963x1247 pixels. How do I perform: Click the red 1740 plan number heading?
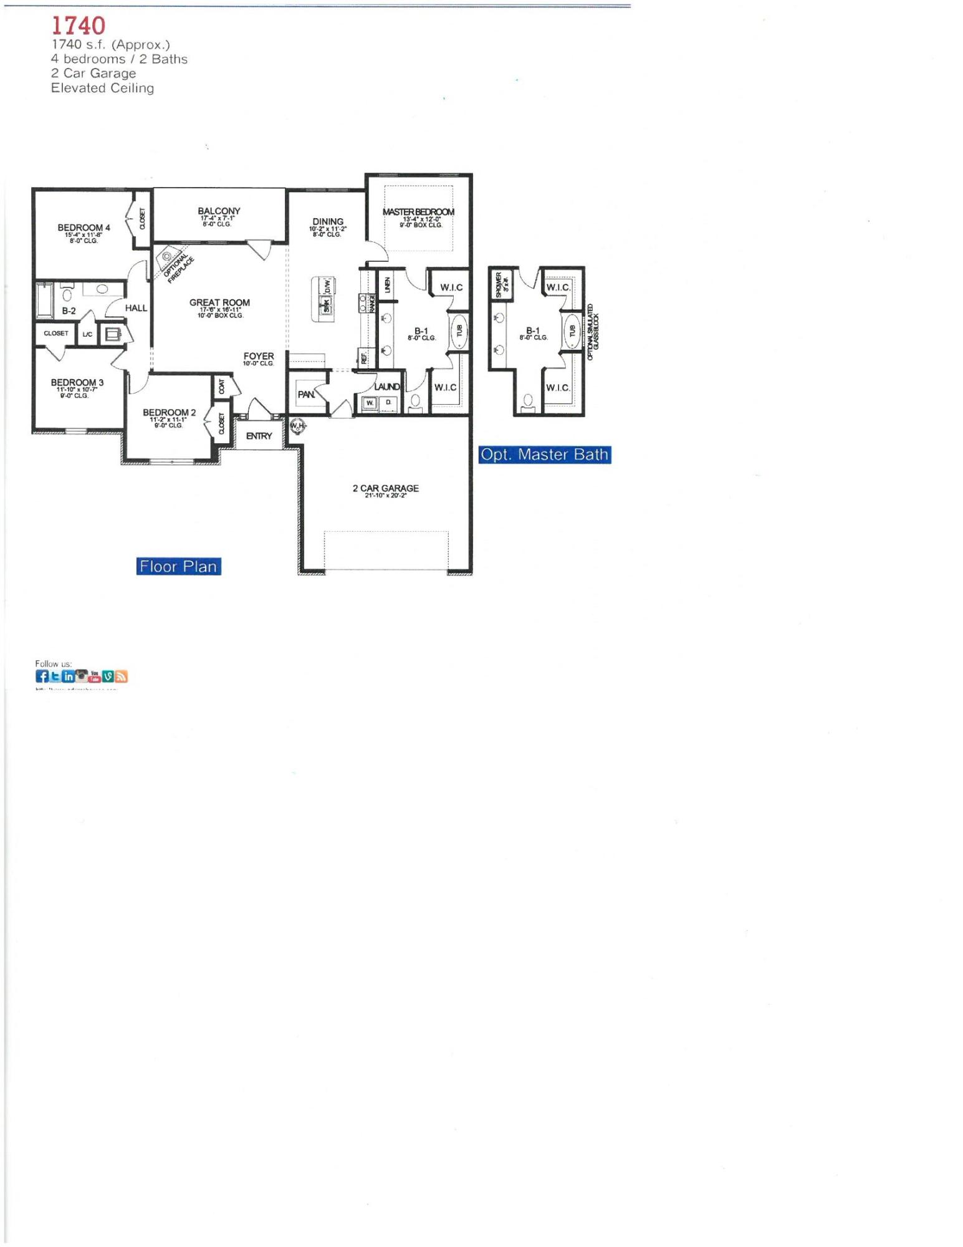[x=79, y=26]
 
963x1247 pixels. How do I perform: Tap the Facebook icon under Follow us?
[x=42, y=676]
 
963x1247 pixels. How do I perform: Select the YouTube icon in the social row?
[x=95, y=676]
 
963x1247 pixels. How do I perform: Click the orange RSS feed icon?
[x=121, y=676]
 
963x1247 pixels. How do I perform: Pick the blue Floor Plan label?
[x=178, y=566]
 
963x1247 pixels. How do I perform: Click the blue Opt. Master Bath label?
[x=544, y=455]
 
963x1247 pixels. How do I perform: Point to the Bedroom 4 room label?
[x=84, y=228]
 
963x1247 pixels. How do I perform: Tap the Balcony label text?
[x=219, y=211]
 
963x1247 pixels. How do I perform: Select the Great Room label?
[x=219, y=302]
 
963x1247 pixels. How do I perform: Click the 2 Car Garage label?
[x=385, y=488]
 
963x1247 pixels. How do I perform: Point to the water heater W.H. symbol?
[x=297, y=426]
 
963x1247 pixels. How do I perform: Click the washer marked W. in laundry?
[x=370, y=403]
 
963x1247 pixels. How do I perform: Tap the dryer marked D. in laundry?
[x=388, y=403]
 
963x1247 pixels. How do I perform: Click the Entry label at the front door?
[x=259, y=436]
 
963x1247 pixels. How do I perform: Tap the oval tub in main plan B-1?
[x=459, y=330]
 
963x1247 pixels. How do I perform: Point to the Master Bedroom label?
[x=418, y=212]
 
